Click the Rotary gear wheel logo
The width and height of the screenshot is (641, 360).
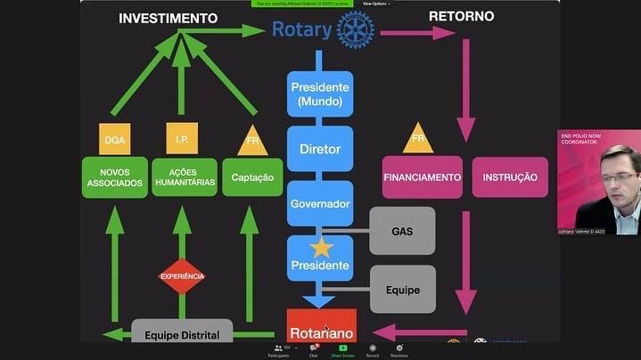[x=357, y=29]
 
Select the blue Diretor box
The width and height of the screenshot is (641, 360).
[x=320, y=150]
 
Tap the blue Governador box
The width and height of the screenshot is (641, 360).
[x=320, y=203]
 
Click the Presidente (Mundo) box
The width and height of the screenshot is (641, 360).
[x=320, y=94]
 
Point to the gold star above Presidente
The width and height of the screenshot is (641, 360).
[x=321, y=248]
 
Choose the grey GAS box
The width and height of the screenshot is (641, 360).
[x=402, y=230]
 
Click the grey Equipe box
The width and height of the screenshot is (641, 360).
[x=402, y=289]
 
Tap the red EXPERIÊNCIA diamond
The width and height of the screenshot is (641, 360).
[x=182, y=276]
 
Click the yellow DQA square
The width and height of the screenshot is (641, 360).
[x=114, y=140]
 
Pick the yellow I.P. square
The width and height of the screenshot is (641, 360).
[x=182, y=140]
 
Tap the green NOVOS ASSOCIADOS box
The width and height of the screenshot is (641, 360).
[x=114, y=176]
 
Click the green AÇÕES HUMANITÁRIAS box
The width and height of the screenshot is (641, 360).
[x=182, y=176]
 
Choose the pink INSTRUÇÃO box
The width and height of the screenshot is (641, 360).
[x=510, y=176]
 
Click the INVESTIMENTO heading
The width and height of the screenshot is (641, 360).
[x=168, y=18]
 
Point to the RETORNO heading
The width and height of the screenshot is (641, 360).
[x=462, y=16]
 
